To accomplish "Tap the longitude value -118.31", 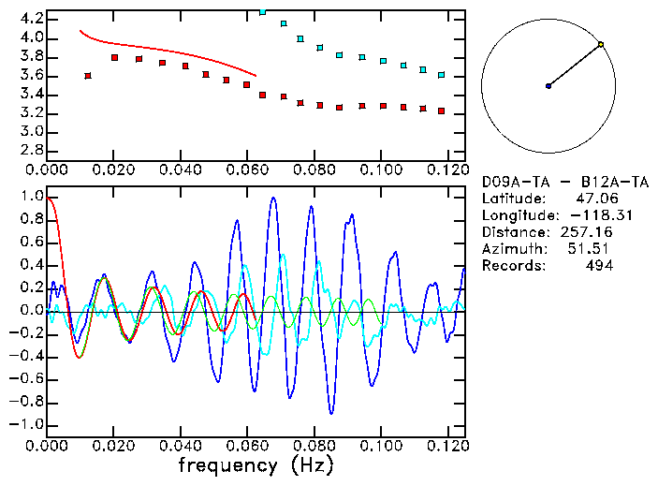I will [587, 215].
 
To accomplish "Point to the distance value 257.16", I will [587, 232].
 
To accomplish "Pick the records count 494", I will [598, 266].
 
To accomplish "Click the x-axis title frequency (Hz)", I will [256, 464].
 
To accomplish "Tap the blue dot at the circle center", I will [548, 86].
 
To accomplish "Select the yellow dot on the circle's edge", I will [601, 44].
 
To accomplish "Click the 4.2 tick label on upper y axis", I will [31, 19].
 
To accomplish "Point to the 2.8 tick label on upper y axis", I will [31, 150].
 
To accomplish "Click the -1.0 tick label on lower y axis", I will [27, 424].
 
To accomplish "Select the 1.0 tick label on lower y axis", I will [31, 197].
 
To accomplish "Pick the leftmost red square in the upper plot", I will [88, 75].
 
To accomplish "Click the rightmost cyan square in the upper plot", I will [442, 75].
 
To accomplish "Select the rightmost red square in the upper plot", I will [442, 110].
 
